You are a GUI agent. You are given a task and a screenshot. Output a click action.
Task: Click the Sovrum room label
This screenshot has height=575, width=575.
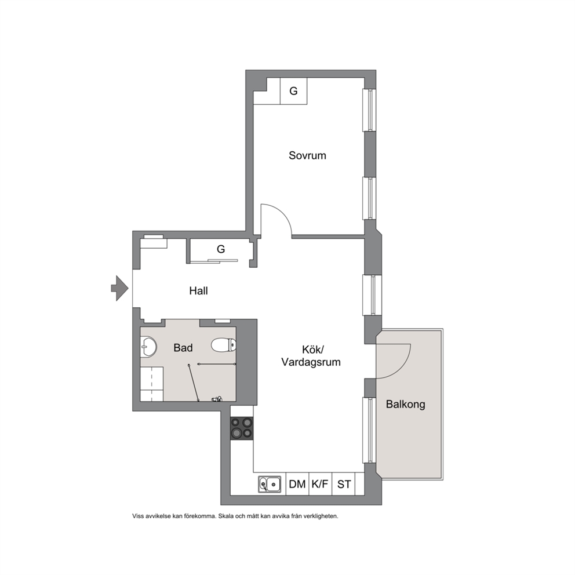[x=307, y=155]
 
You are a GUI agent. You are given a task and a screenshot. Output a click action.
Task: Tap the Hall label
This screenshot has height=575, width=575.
[x=198, y=291]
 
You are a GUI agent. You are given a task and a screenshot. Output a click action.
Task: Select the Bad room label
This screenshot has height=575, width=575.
[x=183, y=348]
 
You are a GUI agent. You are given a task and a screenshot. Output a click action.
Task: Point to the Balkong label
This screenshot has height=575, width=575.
[x=406, y=405]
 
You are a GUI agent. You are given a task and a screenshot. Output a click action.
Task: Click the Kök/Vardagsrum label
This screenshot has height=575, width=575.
[x=311, y=356]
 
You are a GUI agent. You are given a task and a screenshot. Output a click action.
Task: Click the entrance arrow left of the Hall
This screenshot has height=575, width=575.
[x=119, y=288]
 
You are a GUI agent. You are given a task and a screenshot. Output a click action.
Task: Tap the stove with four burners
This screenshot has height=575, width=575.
[x=242, y=428]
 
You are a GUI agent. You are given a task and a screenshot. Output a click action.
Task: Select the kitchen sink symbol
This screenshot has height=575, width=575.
[x=270, y=485]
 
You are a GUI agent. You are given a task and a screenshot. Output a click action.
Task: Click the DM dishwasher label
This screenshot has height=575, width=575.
[x=297, y=485]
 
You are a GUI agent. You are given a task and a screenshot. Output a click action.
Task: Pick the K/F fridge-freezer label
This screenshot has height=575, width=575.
[x=320, y=485]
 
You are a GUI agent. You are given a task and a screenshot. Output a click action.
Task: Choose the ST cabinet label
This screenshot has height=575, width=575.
[x=344, y=485]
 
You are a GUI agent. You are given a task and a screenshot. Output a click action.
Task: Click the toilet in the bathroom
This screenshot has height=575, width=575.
[x=224, y=345]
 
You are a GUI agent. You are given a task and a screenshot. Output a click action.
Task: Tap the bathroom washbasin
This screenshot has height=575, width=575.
[x=148, y=346]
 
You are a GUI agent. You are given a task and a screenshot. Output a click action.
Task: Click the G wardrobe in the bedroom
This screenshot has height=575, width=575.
[x=293, y=91]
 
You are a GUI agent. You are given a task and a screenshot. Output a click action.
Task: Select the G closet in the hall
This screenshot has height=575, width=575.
[x=220, y=249]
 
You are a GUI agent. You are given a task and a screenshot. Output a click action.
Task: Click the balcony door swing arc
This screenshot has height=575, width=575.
[x=402, y=369]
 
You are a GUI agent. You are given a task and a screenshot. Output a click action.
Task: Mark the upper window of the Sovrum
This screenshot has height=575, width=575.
[x=370, y=110]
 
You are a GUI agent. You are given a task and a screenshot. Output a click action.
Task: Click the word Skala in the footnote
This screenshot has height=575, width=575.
[x=227, y=516]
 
